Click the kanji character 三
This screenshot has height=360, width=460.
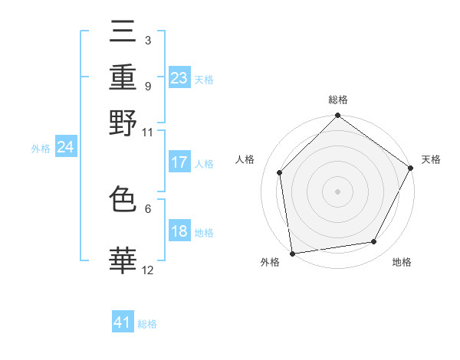pos(123,31)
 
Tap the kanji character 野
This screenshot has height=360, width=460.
pos(123,123)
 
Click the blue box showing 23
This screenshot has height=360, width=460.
pos(179,78)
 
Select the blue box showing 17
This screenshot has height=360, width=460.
pos(179,162)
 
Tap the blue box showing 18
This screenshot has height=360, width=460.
pos(179,232)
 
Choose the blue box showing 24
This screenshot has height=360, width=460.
pos(65,147)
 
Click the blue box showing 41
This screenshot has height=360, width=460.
pos(123,322)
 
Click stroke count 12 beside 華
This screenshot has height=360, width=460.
pos(147,270)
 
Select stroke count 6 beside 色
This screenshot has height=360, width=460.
pos(147,208)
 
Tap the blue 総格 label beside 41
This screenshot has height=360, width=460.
pos(147,324)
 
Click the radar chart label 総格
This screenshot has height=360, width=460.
pos(337,100)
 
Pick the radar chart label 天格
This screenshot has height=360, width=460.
pos(431,159)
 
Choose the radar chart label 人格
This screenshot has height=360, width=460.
pos(245,159)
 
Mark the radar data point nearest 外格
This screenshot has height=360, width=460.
pos(292,253)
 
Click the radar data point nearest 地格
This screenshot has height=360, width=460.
pos(374,241)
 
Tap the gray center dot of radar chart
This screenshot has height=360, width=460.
pos(337,191)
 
